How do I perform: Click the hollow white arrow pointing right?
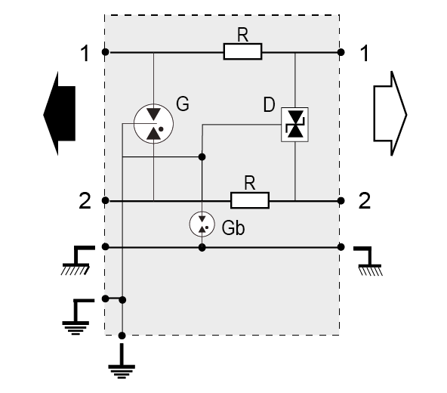390,113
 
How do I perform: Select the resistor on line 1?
242,51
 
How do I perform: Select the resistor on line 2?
250,200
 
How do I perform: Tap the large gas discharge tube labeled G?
153,124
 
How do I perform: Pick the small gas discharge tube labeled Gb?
202,224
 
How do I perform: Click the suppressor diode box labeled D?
294,125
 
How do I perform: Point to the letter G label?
183,104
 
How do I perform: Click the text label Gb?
233,228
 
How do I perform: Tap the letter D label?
269,105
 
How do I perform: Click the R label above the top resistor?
242,35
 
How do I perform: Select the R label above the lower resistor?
250,183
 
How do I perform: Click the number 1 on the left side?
85,54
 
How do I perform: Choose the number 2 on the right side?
365,201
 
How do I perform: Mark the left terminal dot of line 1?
105,52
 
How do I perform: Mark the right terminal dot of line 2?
341,200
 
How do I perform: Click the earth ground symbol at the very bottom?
122,361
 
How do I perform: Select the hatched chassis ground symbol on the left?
77,260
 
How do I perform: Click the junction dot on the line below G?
202,156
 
